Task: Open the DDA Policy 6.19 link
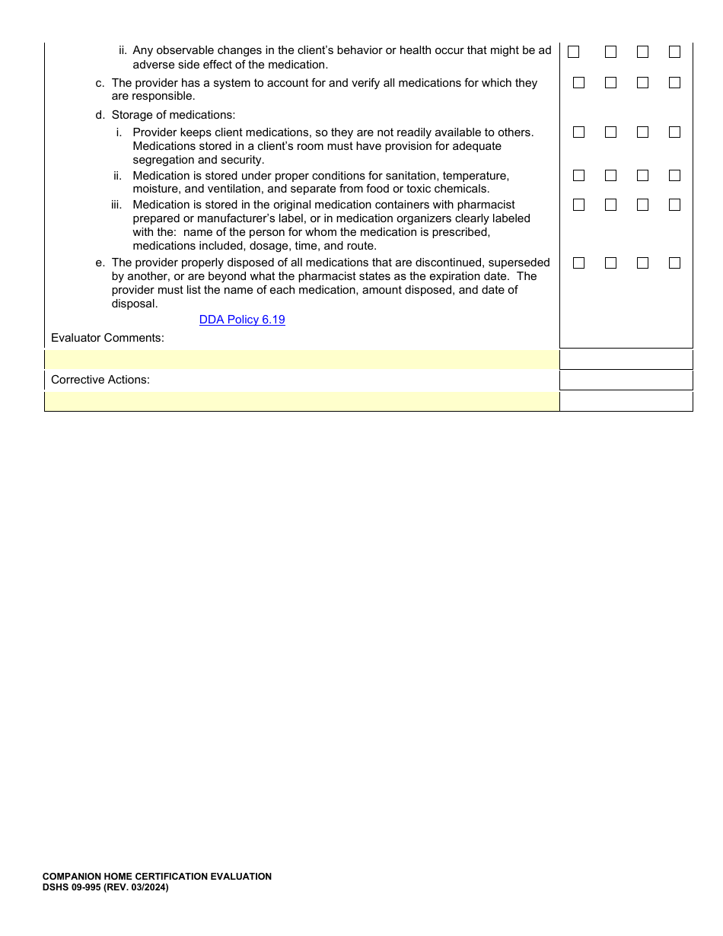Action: (x=242, y=320)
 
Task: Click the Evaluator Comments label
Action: (x=107, y=338)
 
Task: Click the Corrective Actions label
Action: (x=100, y=380)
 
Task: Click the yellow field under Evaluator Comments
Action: (x=302, y=359)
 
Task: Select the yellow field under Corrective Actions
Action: (x=302, y=401)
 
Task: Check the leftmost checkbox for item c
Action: (x=578, y=83)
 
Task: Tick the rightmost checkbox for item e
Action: (x=674, y=263)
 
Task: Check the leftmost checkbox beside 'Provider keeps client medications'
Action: (x=578, y=132)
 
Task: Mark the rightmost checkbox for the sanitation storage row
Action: (x=674, y=176)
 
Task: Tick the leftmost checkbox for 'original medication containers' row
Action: (x=578, y=205)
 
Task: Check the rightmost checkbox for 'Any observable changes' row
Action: (x=674, y=53)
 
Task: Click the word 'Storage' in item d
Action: (x=132, y=115)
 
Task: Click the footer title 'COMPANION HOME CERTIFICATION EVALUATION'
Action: (x=157, y=877)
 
